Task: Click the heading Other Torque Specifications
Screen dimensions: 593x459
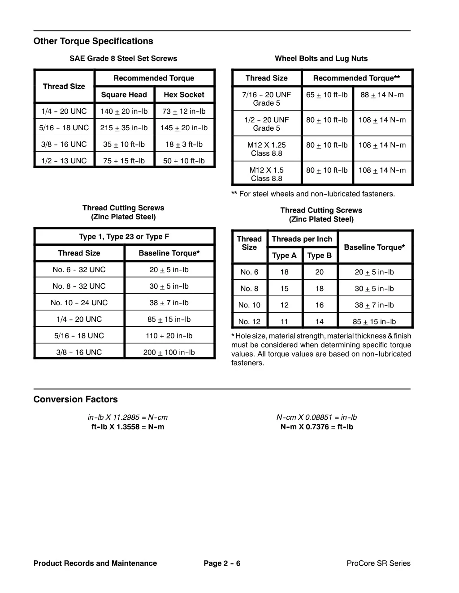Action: pos(93,41)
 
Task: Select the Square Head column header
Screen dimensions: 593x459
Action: pos(124,95)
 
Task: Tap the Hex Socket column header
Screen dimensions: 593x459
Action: pos(184,95)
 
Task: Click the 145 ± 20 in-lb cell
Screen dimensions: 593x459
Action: pos(184,128)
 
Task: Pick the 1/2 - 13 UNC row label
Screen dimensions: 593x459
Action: pos(64,161)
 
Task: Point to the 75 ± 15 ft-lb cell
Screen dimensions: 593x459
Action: pos(124,161)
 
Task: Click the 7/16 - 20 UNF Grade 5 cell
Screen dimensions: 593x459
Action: pos(267,99)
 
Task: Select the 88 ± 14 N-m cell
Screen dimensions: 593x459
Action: pos(382,95)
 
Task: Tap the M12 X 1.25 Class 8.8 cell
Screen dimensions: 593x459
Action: pos(267,149)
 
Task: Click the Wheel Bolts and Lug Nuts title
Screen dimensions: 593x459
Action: pos(321,59)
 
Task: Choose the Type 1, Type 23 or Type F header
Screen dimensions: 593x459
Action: pos(124,237)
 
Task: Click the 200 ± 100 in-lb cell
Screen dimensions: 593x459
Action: pos(169,353)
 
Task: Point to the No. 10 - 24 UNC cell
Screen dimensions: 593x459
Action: pos(79,303)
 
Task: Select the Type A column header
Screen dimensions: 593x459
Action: pos(284,256)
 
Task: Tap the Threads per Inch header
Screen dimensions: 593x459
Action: pos(302,239)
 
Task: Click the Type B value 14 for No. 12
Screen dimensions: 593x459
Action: pos(319,322)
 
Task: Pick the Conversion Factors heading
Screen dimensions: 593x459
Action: pos(76,400)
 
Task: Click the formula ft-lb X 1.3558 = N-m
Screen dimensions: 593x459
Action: pos(128,427)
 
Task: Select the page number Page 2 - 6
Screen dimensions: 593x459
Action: pos(222,563)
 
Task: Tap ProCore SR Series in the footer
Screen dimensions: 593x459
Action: pos(378,563)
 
